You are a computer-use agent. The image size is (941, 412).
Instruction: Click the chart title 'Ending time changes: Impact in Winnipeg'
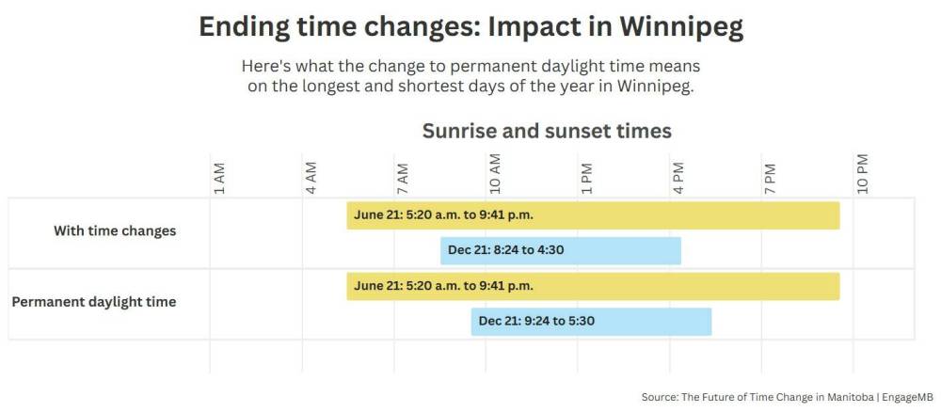pos(471,27)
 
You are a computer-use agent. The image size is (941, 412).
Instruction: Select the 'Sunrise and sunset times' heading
pos(547,131)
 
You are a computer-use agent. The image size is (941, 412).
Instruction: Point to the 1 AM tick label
pos(219,178)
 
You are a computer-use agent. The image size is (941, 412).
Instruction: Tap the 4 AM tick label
pos(311,178)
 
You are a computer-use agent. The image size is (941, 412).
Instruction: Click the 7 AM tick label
pos(403,178)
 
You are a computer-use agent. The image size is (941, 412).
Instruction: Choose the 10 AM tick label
pos(495,175)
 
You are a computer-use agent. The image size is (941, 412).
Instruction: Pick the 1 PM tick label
pos(586,178)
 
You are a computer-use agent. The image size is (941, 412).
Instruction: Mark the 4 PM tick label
pos(678,178)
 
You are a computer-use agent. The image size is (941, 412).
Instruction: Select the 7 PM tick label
pos(770,178)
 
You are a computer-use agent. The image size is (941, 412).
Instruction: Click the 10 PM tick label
pos(862,175)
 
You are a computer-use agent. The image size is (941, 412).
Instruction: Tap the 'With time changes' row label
pos(115,230)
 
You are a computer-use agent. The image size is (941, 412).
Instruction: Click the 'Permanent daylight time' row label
pos(94,302)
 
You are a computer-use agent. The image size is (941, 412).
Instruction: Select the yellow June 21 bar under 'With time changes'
pos(593,215)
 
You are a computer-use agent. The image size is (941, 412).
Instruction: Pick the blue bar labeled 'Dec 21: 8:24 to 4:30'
pos(561,250)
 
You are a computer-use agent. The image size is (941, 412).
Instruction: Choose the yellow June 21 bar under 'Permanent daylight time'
pos(593,286)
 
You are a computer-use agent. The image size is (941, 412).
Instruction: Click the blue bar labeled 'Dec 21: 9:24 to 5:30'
pos(591,322)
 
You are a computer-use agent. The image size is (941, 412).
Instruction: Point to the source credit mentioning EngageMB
pos(785,397)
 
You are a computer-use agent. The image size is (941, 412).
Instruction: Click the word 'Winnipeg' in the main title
pos(681,28)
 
